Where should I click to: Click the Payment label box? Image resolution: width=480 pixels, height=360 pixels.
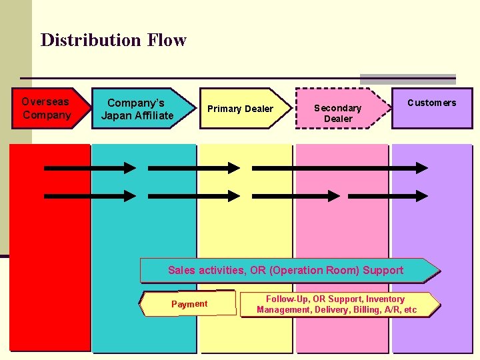tap(189, 304)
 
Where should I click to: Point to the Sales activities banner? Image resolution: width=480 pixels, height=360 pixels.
tap(287, 270)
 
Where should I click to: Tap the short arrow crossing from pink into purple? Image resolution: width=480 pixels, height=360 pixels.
tap(388, 196)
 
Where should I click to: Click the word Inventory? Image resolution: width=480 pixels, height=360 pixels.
tap(384, 299)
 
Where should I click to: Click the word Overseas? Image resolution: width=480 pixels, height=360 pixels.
tap(45, 102)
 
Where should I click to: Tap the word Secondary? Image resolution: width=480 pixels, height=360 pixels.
tap(337, 108)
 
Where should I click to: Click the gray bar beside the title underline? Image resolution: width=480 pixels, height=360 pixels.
tap(407, 79)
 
